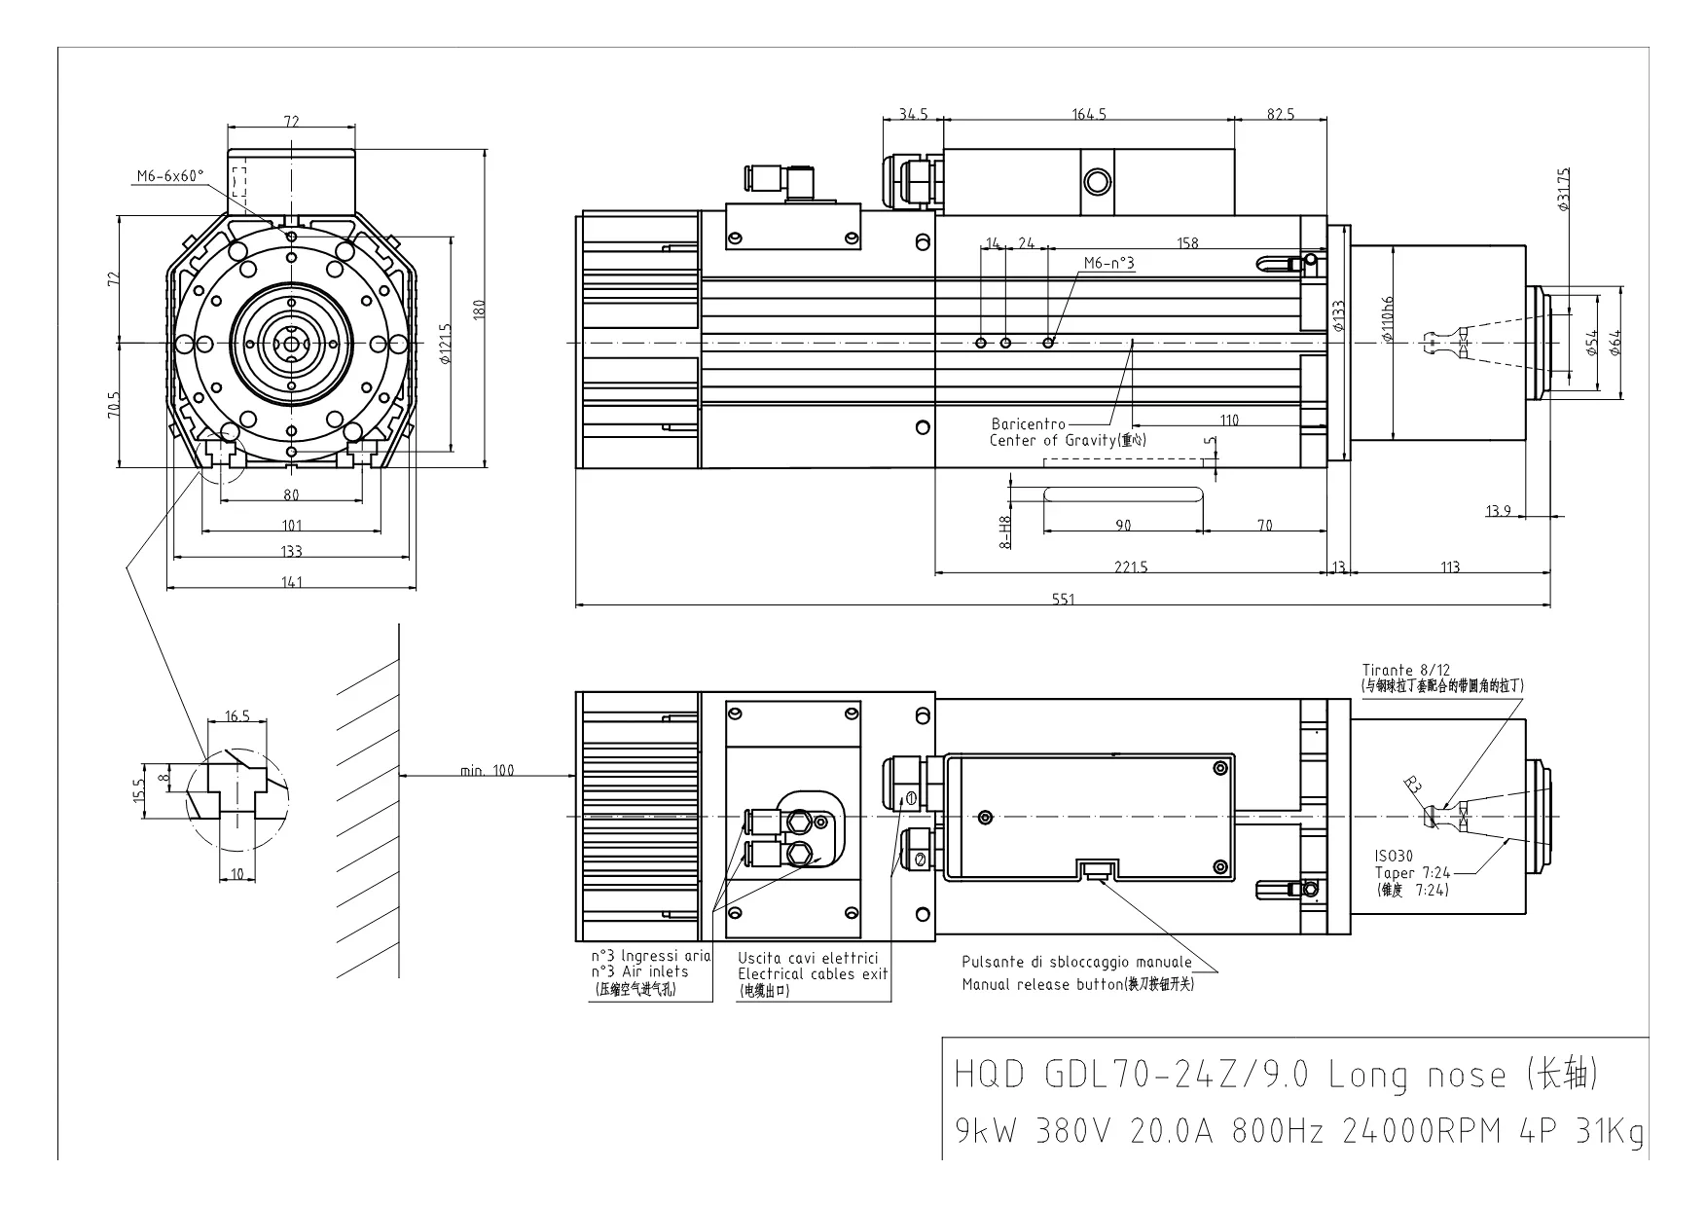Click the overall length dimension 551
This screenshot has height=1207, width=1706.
[1063, 599]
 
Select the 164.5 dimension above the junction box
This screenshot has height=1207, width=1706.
[1089, 114]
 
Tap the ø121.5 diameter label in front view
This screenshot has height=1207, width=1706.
[444, 344]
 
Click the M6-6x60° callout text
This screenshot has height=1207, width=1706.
[170, 176]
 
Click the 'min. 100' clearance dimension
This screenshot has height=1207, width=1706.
[487, 770]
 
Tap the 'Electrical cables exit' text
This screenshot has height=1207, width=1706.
[812, 973]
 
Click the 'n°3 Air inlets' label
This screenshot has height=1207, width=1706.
[639, 971]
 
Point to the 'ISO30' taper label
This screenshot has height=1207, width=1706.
[1394, 857]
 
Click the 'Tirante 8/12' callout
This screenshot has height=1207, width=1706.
[1405, 670]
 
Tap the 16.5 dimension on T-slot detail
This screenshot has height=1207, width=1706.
[237, 715]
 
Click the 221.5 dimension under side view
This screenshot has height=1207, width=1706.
[1131, 567]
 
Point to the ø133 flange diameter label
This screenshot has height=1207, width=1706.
[1339, 316]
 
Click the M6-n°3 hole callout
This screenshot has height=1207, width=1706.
[1108, 263]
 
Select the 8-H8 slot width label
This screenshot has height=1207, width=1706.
[1006, 530]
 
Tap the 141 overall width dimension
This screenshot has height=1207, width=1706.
[292, 582]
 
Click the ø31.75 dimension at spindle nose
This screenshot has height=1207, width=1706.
[1563, 189]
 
